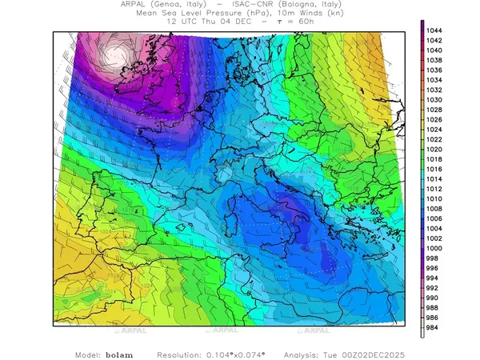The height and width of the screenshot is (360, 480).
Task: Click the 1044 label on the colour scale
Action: point(436,30)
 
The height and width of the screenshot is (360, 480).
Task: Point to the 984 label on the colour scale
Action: point(436,328)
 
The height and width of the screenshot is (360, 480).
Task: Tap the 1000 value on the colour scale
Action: point(436,249)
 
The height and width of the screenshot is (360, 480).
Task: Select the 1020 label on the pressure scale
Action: point(436,150)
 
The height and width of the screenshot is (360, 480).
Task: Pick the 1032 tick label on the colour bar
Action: point(436,90)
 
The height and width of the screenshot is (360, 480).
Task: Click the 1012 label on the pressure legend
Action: point(436,189)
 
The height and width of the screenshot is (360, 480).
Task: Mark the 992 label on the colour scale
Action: point(436,288)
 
